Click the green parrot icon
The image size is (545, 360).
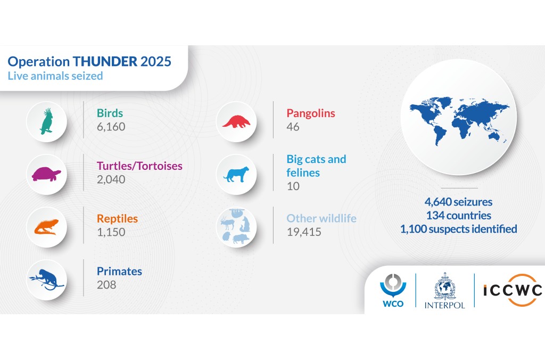coord(47,121)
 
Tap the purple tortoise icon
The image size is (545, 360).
coord(47,174)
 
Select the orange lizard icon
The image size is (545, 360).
coord(47,227)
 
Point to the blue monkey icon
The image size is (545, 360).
coord(47,279)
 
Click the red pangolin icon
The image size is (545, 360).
coord(236,121)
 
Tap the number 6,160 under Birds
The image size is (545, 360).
coord(111,127)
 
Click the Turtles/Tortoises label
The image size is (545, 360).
coord(139,166)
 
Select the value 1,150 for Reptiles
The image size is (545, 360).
coord(111,232)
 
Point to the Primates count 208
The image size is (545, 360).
coord(106,285)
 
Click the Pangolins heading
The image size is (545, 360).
coord(310,113)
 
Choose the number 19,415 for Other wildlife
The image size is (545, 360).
coord(304,232)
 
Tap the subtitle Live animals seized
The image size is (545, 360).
coord(55,76)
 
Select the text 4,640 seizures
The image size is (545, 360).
coord(458,202)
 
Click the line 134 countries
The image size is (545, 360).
coord(458,216)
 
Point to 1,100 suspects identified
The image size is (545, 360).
coord(458,229)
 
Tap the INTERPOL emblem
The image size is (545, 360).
coord(444,290)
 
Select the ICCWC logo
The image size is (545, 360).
coord(513,290)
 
